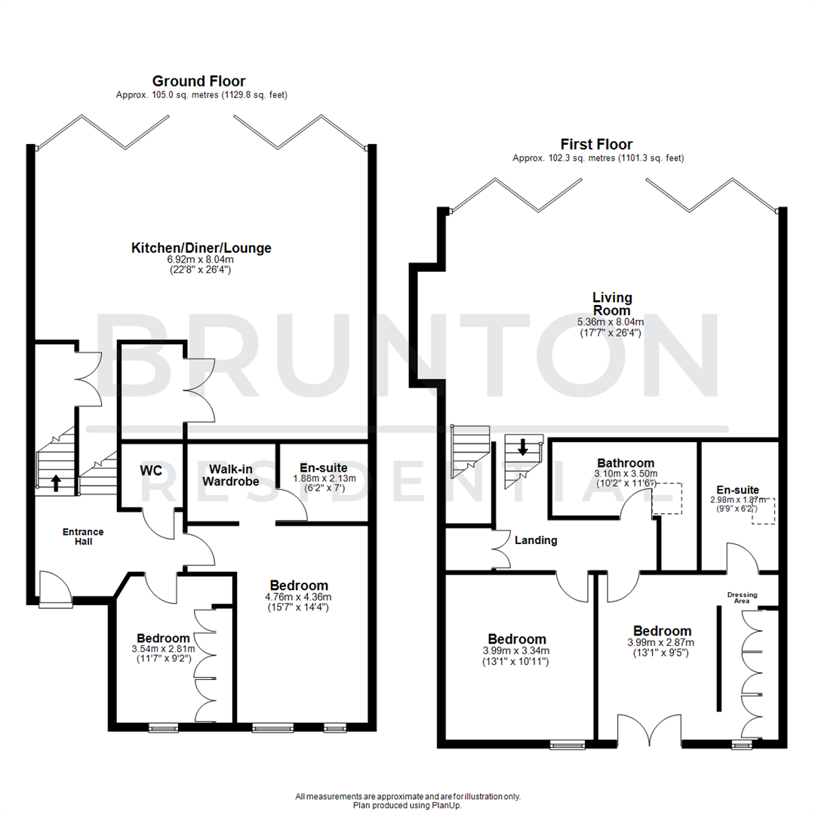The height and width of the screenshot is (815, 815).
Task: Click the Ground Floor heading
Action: [x=198, y=81]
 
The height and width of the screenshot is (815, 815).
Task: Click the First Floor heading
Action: [x=596, y=144]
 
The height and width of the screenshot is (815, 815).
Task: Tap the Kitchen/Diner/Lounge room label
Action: [x=201, y=248]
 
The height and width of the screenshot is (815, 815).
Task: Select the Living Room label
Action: [x=611, y=304]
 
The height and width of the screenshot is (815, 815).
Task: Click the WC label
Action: [x=151, y=470]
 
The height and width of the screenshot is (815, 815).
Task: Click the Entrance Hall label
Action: [x=82, y=537]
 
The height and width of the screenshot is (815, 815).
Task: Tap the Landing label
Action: [x=536, y=540]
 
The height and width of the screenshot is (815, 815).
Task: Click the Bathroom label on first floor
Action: [x=626, y=463]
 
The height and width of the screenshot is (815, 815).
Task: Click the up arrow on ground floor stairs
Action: [x=57, y=482]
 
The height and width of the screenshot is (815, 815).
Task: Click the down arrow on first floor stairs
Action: [x=522, y=447]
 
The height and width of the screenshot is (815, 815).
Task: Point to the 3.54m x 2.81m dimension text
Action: [x=162, y=649]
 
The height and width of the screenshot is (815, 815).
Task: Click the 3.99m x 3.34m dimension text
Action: [x=515, y=651]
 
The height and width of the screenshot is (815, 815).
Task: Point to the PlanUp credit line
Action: [x=407, y=804]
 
